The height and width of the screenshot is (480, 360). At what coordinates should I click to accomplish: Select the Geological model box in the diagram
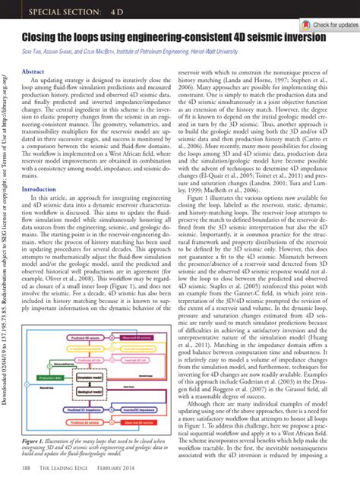(90, 392)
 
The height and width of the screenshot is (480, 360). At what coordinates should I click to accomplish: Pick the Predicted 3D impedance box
(82, 410)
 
